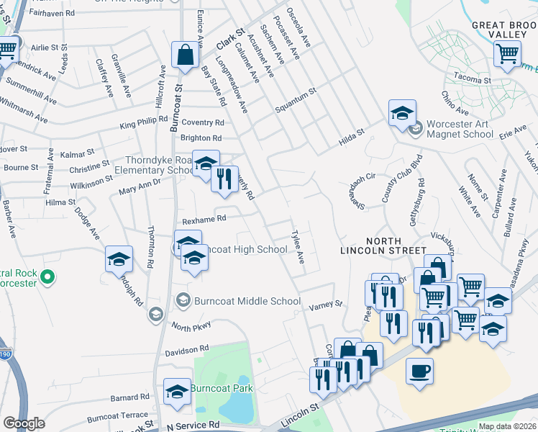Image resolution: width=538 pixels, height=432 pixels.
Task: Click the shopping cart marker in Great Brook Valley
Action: (507, 53)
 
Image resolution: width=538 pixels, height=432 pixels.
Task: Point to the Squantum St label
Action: (296, 101)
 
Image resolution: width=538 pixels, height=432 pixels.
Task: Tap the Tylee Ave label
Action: (296, 246)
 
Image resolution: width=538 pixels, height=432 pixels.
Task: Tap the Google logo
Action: (24, 423)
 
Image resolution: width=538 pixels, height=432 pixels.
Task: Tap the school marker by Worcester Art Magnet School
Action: (402, 113)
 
